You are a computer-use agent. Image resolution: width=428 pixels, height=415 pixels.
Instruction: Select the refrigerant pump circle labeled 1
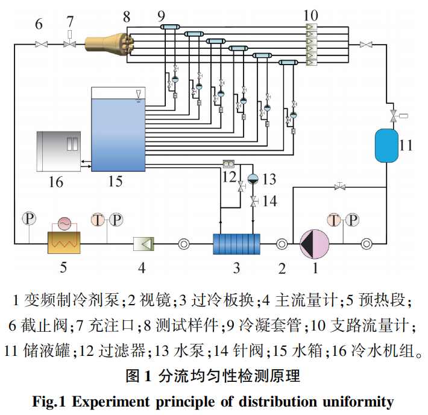[x=314, y=244]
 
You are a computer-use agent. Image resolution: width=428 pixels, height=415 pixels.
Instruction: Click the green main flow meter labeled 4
[x=144, y=244]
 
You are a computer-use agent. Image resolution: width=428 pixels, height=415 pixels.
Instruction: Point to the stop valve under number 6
[x=42, y=44]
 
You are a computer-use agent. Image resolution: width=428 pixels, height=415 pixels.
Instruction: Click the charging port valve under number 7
[x=70, y=44]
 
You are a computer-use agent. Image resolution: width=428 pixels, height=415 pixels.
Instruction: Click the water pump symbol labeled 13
[x=252, y=179]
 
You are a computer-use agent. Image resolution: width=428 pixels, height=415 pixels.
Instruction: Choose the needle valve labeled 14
[x=253, y=200]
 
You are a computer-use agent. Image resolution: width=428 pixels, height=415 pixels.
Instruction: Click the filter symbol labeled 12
[x=229, y=163]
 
